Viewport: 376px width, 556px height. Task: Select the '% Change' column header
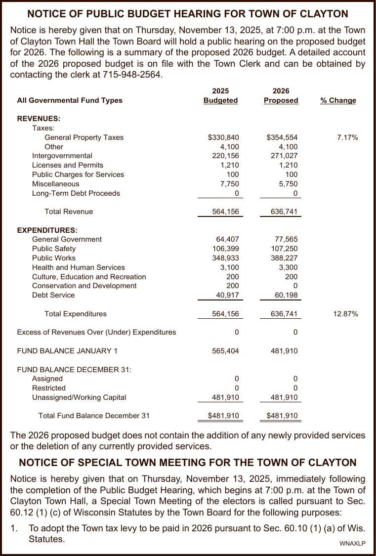tap(338, 100)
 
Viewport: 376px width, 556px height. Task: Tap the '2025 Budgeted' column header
tap(220, 96)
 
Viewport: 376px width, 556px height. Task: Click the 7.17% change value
tap(347, 137)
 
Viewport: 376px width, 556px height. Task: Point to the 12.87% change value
tap(346, 314)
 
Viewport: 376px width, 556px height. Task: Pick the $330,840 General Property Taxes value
tap(223, 137)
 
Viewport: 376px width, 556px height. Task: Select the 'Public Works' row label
tap(54, 258)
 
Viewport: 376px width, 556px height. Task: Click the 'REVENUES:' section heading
tap(39, 119)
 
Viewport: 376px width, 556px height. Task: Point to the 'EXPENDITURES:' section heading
tap(47, 230)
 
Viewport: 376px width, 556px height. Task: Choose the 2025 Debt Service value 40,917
tap(226, 295)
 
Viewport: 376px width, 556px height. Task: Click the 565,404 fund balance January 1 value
tap(225, 351)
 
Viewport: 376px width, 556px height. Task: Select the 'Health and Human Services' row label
tap(79, 267)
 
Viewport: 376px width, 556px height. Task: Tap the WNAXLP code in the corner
tap(352, 544)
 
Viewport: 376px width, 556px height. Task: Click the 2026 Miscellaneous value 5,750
tap(288, 184)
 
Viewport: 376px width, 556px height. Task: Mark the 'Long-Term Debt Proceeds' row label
tap(76, 193)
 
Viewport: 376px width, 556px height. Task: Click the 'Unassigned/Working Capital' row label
tap(79, 397)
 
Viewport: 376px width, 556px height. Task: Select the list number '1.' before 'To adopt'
tap(15, 528)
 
